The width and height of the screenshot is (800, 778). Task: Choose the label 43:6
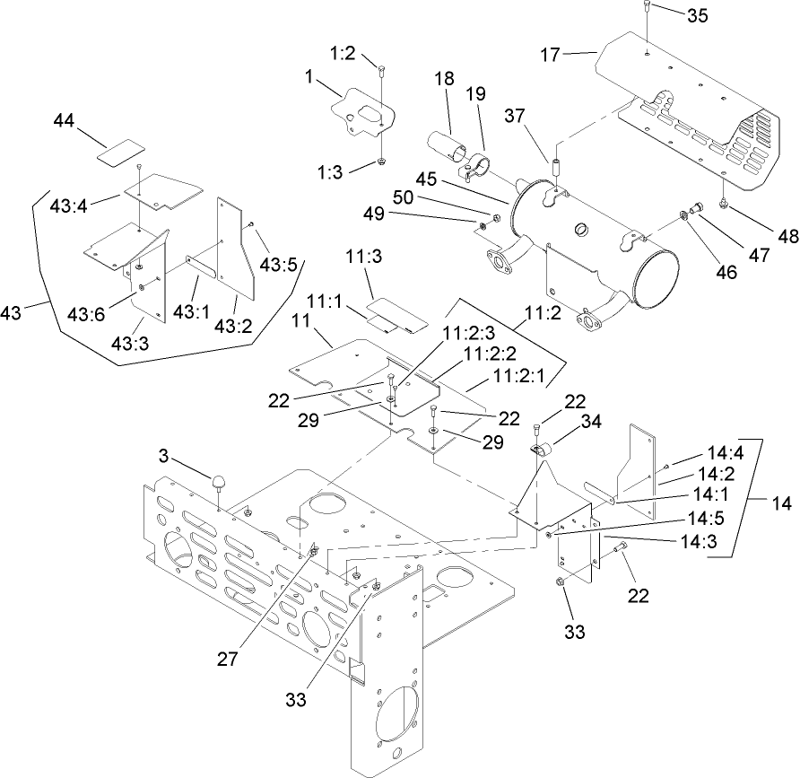(x=84, y=312)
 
